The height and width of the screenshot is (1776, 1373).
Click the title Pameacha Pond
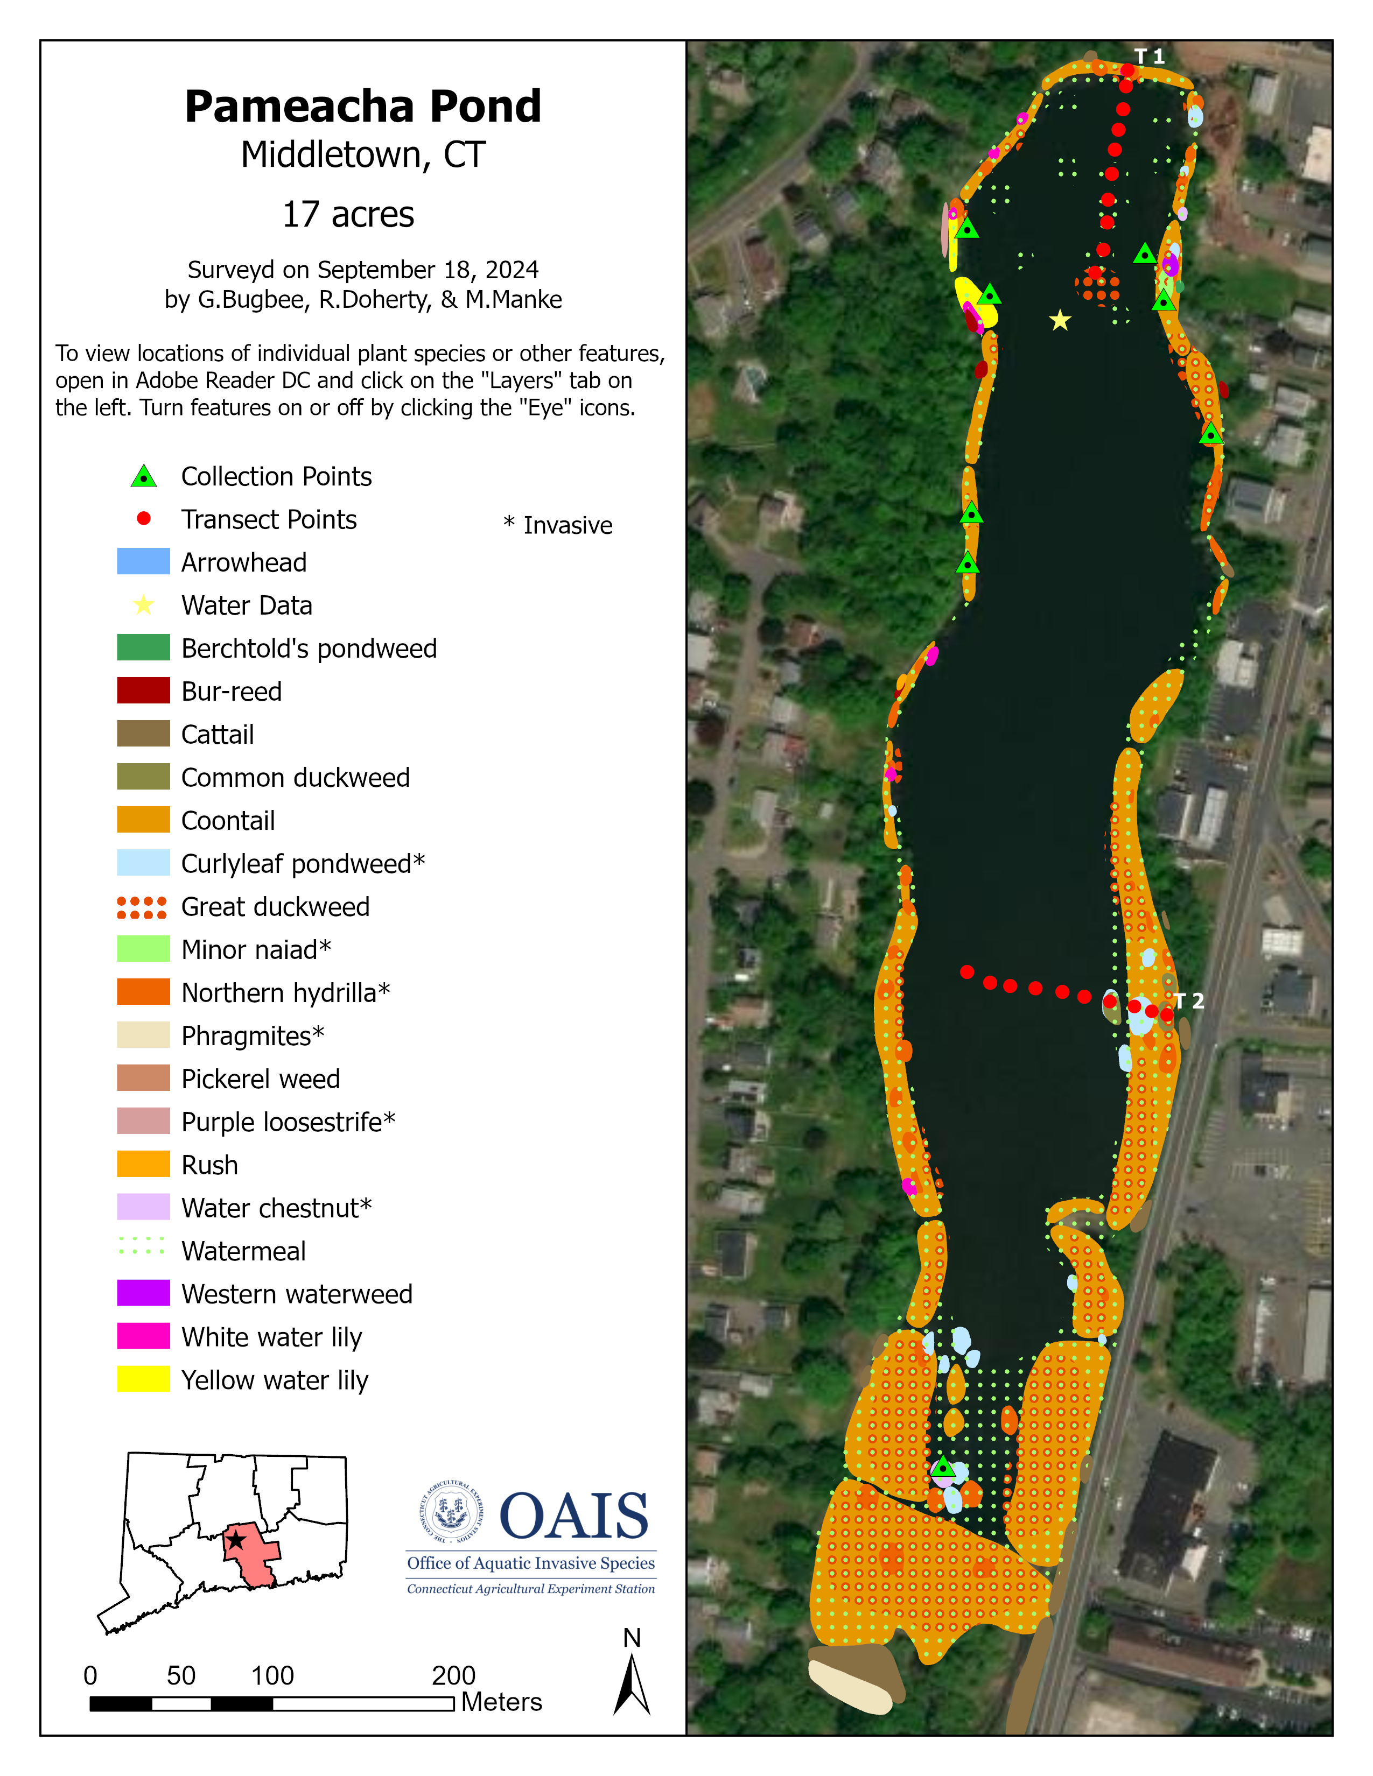[x=363, y=107]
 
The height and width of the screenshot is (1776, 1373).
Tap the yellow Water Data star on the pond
[x=1059, y=320]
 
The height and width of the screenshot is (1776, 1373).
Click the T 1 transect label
[x=1150, y=56]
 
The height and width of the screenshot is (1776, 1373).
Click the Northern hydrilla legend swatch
[x=143, y=992]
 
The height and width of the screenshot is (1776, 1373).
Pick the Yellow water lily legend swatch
[x=143, y=1379]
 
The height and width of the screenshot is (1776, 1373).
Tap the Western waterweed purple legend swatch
[x=143, y=1293]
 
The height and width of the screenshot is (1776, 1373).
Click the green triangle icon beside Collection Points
[x=144, y=476]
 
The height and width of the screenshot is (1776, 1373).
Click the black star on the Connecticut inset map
[x=236, y=1539]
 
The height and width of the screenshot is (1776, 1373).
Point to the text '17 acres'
[x=348, y=215]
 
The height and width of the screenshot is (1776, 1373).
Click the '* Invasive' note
[x=558, y=525]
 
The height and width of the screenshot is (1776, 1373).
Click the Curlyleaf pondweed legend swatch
[x=143, y=863]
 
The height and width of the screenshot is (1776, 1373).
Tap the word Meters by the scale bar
[x=501, y=1702]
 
